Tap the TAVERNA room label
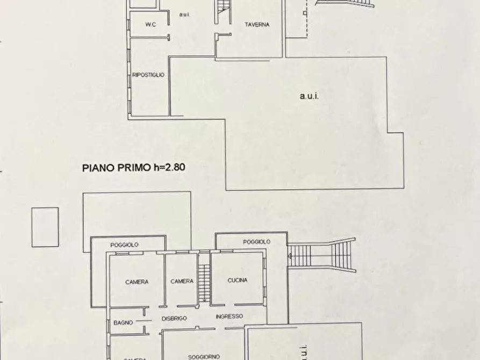click(256, 25)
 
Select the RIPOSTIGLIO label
click(148, 75)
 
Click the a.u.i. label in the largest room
click(309, 97)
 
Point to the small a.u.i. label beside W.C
click(184, 15)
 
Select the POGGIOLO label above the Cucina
click(256, 242)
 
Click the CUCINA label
click(238, 280)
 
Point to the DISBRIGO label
click(174, 319)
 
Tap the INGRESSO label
click(230, 316)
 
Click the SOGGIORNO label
click(202, 356)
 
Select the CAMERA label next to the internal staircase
click(182, 281)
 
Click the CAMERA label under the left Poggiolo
click(137, 282)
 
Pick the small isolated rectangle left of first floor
click(45, 227)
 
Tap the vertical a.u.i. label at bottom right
click(304, 349)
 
